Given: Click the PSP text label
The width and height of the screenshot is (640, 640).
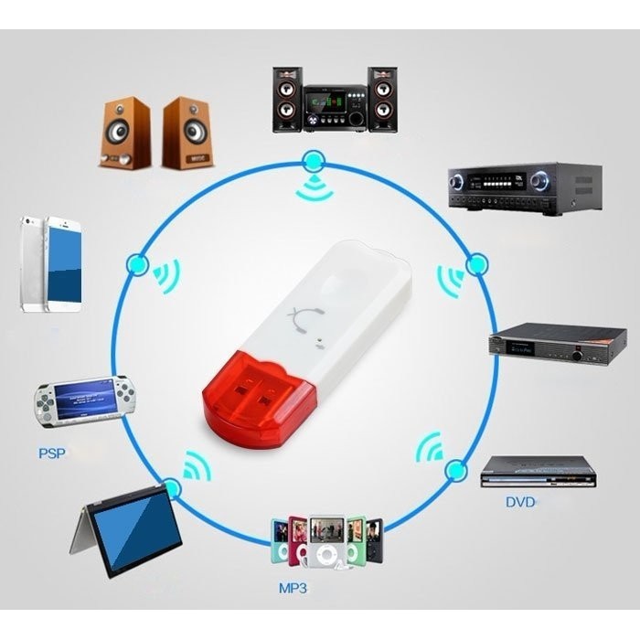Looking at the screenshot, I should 51,453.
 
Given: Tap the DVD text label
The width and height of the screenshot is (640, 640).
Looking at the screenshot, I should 520,502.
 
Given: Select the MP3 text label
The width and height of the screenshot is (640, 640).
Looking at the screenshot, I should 293,589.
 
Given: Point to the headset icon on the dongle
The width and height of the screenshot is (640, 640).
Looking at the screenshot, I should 304,320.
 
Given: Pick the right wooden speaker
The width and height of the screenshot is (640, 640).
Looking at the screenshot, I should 187,133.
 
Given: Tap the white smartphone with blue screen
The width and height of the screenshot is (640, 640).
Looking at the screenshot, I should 63,264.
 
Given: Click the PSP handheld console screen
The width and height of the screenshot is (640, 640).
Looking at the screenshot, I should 86,399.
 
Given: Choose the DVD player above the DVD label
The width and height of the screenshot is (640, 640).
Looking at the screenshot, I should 539,471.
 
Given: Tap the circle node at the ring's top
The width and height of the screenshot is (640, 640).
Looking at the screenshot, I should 314,162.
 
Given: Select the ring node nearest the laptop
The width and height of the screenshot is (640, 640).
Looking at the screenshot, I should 171,490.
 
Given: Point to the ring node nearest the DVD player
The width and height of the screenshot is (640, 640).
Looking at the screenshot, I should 455,471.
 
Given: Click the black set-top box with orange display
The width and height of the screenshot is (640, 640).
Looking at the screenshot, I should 557,344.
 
